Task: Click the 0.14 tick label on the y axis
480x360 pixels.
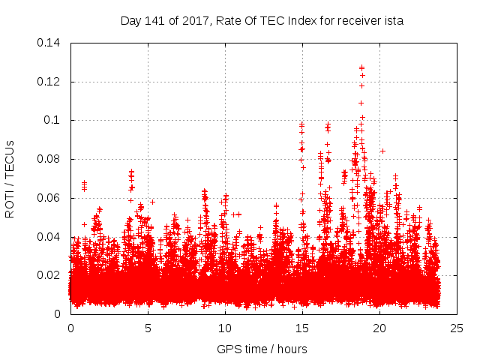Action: (49, 42)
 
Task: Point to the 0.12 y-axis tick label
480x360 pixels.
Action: (49, 81)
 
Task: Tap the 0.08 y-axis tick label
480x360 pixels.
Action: (49, 159)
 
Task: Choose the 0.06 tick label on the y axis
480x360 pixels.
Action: (49, 198)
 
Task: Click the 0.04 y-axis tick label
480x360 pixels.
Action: (49, 237)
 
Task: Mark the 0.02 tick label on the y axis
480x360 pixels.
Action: (49, 275)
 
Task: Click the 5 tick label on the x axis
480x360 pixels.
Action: (148, 328)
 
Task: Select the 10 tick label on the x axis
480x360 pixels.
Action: (225, 328)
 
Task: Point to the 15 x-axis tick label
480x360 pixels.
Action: (302, 328)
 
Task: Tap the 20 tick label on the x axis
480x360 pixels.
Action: (379, 328)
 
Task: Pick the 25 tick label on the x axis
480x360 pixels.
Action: (457, 328)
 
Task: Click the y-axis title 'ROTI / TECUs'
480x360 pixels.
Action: (10, 178)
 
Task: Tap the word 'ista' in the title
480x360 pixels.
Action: (393, 21)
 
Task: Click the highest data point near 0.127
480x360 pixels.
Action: (361, 67)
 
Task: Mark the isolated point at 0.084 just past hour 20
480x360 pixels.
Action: (382, 151)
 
